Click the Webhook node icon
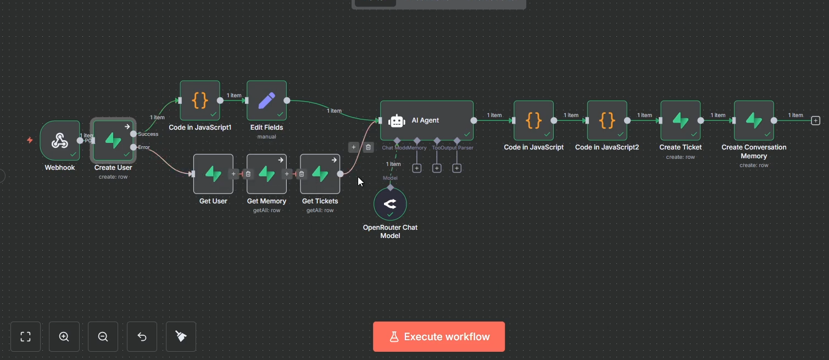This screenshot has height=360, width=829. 59,140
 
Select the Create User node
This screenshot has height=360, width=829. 113,140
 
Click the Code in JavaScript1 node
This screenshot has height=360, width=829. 200,101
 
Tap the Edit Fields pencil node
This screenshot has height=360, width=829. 266,101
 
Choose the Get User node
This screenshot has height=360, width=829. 213,174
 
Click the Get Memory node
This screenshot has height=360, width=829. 266,174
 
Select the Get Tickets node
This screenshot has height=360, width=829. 320,174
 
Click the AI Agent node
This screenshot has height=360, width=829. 426,120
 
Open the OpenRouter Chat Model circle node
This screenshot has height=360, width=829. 390,204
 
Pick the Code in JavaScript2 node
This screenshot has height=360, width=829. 607,120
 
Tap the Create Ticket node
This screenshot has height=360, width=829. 680,120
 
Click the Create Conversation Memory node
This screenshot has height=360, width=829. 754,120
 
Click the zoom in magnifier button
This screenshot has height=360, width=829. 64,336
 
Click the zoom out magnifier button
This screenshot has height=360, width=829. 103,336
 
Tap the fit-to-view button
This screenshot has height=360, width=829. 25,336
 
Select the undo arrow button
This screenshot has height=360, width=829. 142,336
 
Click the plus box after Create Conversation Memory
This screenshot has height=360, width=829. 816,120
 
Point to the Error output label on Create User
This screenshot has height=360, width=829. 144,147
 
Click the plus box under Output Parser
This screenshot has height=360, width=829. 457,168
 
